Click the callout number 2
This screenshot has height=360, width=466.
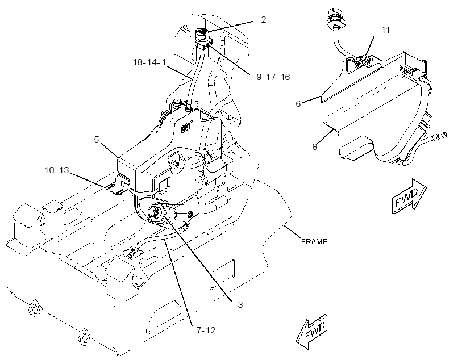263,20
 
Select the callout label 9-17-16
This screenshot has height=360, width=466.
273,77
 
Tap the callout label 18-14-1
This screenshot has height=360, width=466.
149,62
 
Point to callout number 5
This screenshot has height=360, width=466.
96,139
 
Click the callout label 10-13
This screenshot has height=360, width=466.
57,170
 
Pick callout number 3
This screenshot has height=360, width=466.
240,304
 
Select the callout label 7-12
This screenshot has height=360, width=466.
206,330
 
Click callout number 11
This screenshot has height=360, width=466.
385,30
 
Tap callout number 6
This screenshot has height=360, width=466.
298,104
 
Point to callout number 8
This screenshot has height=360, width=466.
315,146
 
